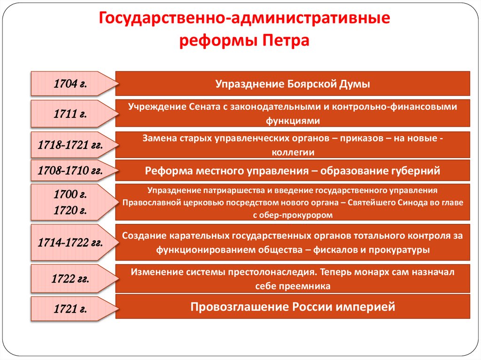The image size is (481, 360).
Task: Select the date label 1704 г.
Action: [70, 84]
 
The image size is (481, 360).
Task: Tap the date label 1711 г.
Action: [70, 113]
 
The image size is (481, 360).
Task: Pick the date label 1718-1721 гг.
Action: [70, 145]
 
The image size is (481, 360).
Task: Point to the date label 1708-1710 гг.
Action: [70, 171]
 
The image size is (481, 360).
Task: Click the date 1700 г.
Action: [70, 194]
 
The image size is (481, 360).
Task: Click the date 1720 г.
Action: [70, 210]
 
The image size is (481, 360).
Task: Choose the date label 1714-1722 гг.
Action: [70, 243]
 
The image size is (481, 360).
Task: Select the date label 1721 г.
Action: [70, 309]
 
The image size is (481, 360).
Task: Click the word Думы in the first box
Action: [355, 84]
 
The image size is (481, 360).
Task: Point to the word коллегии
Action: [293, 152]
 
